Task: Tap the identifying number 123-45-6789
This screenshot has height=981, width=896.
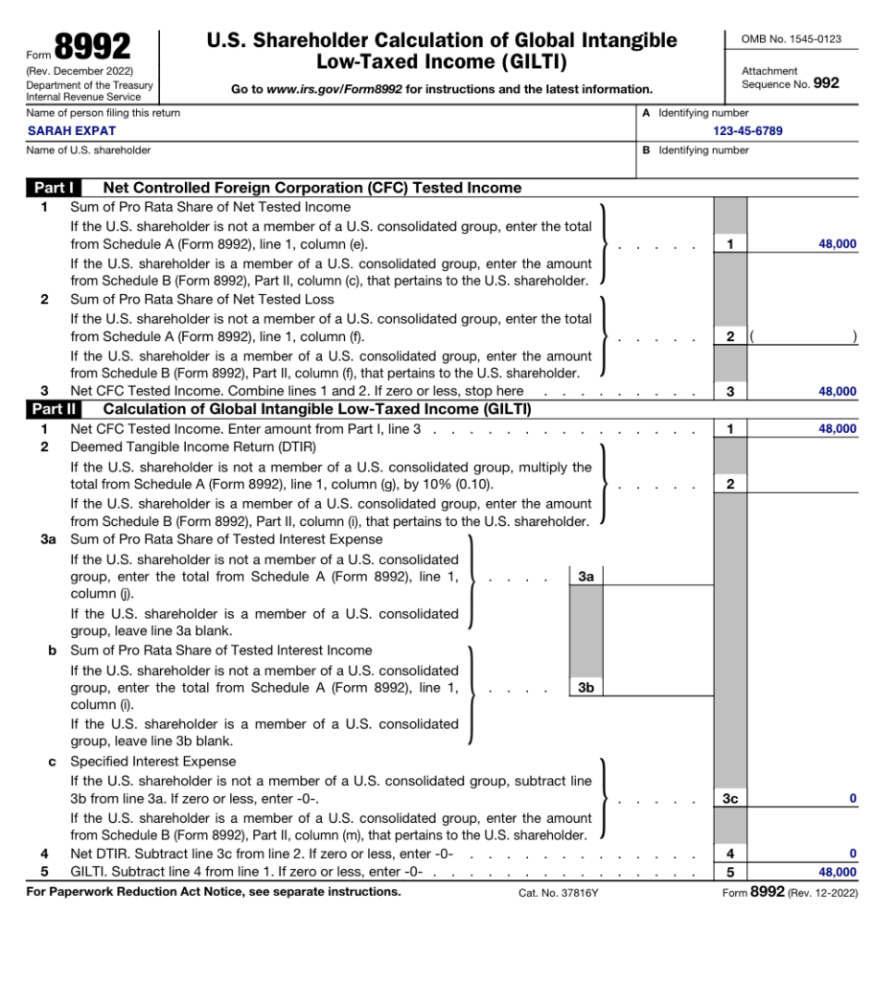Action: pyautogui.click(x=747, y=130)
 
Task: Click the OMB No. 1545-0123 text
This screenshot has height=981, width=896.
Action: pyautogui.click(x=791, y=38)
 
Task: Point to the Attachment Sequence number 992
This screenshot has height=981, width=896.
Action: pyautogui.click(x=825, y=83)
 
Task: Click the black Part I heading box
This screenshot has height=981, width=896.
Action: pyautogui.click(x=56, y=188)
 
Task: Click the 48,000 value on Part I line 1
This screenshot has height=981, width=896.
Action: pyautogui.click(x=837, y=244)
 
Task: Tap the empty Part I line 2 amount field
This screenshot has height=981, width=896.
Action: pyautogui.click(x=802, y=336)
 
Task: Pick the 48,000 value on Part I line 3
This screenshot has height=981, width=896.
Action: pyautogui.click(x=837, y=391)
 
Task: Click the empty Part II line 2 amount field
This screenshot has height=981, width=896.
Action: pyautogui.click(x=802, y=484)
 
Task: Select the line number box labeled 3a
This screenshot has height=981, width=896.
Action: pyautogui.click(x=586, y=577)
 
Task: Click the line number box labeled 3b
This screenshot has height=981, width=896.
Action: pyautogui.click(x=586, y=687)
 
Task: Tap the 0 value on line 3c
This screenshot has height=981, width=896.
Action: pyautogui.click(x=852, y=798)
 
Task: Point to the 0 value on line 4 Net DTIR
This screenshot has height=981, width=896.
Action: pyautogui.click(x=852, y=854)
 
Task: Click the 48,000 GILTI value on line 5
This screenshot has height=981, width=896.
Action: pyautogui.click(x=837, y=872)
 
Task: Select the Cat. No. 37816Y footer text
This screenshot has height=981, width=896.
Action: pyautogui.click(x=558, y=893)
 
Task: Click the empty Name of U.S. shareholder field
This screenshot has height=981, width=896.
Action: pyautogui.click(x=326, y=166)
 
